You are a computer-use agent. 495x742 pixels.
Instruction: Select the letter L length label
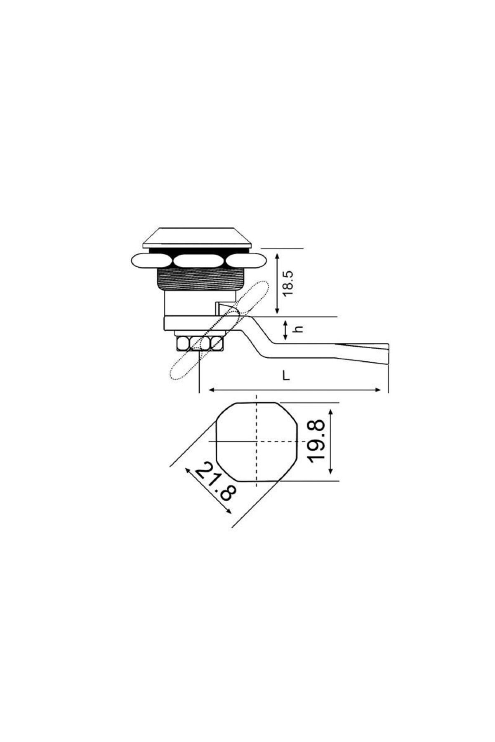pyautogui.click(x=285, y=376)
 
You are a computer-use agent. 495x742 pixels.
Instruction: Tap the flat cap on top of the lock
pyautogui.click(x=197, y=238)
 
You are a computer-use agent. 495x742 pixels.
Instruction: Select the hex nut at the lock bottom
pyautogui.click(x=200, y=343)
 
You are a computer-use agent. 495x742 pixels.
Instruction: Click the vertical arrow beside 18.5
pyautogui.click(x=278, y=283)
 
